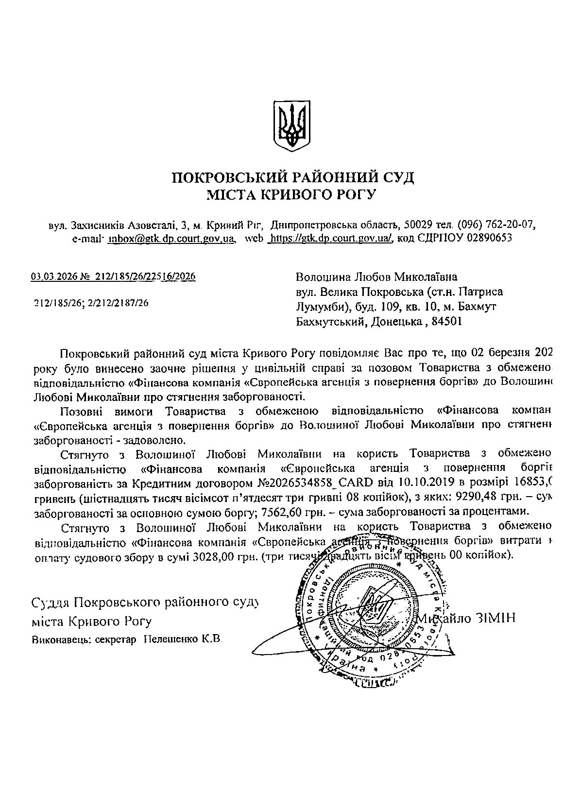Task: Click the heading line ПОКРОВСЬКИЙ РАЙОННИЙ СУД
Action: (293, 177)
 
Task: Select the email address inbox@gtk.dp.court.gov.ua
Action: (171, 238)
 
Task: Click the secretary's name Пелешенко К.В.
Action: (183, 639)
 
